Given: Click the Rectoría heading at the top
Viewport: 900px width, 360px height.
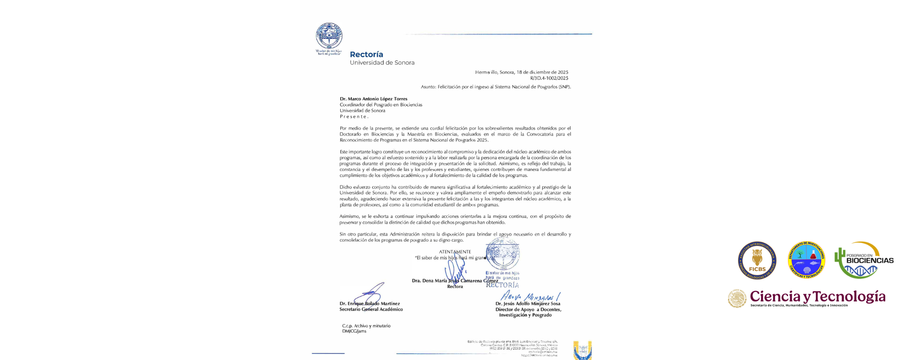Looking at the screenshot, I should pos(366,54).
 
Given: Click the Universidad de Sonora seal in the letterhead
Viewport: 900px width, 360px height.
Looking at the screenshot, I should pos(329,36).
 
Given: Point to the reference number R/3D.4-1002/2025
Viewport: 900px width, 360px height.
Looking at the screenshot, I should pos(549,78).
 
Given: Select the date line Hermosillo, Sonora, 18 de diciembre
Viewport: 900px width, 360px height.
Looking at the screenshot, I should pos(522,72).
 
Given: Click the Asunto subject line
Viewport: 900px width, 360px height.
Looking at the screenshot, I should pos(495,87).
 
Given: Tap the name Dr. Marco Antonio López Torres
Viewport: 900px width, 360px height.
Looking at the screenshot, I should pos(373,99).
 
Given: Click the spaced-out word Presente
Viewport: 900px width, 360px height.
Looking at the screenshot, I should pos(354,117).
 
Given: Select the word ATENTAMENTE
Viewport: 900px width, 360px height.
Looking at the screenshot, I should pos(455,252).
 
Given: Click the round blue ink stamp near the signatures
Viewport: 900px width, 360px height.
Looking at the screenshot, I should pos(502,254).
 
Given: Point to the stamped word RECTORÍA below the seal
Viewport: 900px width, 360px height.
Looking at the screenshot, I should pos(502,285).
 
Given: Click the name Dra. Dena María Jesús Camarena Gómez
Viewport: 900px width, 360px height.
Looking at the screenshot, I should pos(454,281).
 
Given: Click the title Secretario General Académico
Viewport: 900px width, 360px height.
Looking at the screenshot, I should pos(371,310).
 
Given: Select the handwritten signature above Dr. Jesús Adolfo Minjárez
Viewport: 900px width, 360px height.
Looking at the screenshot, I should pos(530,297).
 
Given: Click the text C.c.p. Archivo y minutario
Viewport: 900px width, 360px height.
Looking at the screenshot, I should pos(366,326).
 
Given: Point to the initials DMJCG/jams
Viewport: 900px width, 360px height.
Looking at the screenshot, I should pos(354,331).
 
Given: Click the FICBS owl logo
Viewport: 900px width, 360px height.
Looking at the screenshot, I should pos(757,260).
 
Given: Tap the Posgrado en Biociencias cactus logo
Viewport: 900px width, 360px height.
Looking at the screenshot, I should pos(863,260).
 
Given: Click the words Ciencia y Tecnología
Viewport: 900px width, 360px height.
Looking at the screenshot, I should pos(817,297).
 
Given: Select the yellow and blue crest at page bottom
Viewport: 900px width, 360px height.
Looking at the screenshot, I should pos(582,350).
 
